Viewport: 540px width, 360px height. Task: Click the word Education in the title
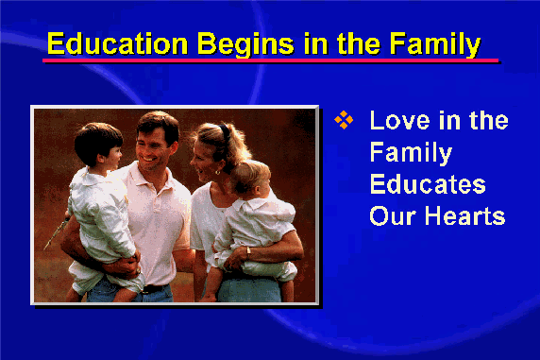pos(117,43)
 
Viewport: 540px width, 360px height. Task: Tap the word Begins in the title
pos(245,44)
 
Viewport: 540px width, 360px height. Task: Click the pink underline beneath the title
pos(270,60)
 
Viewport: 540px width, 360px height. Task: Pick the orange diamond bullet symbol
pos(344,120)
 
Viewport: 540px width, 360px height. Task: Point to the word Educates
pos(428,184)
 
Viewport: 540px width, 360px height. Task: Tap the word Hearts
pos(464,215)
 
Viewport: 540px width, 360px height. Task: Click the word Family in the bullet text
pos(411,153)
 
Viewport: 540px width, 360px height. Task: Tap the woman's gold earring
pos(218,172)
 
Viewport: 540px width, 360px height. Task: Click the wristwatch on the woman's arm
pos(248,253)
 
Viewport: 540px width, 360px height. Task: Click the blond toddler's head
pos(248,179)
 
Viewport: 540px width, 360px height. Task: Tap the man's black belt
pos(154,288)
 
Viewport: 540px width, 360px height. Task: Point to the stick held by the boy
pos(57,232)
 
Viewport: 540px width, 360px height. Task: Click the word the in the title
pos(359,43)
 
